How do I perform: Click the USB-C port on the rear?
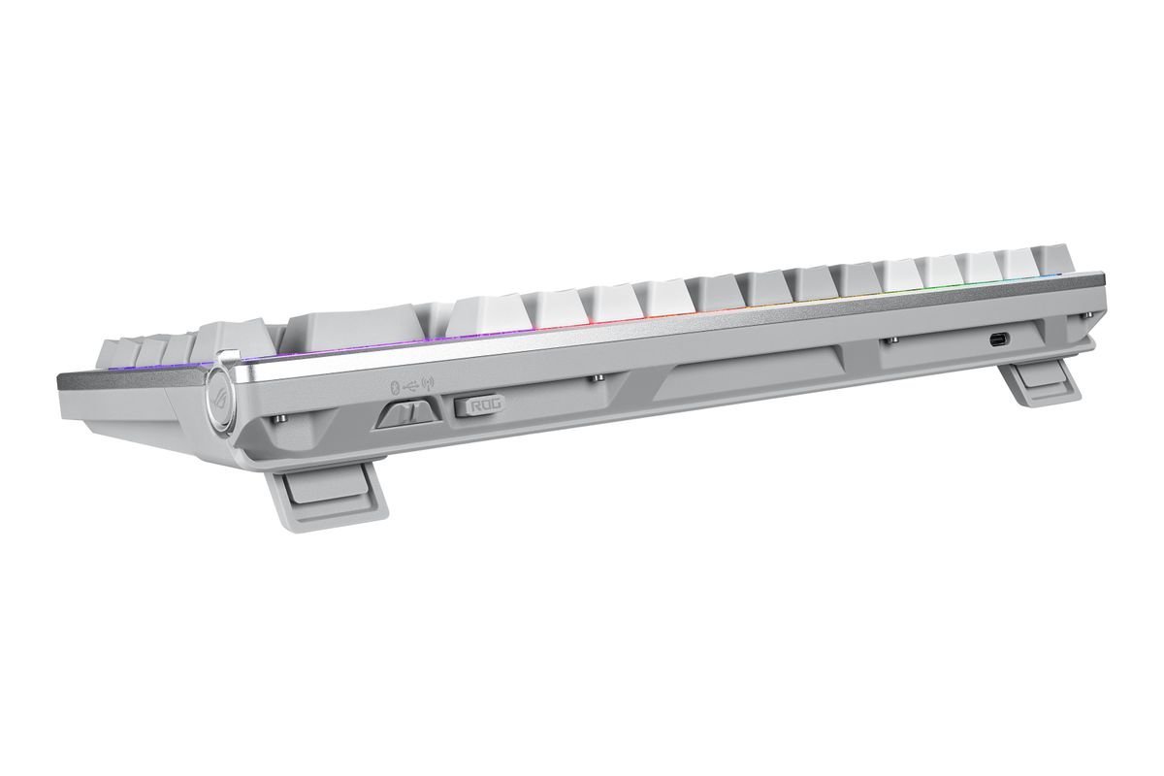[x=998, y=340]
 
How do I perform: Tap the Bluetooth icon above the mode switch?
[x=395, y=387]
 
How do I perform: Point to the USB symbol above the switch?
[x=410, y=386]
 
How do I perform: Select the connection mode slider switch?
[x=409, y=413]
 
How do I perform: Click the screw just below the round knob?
[x=280, y=418]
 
